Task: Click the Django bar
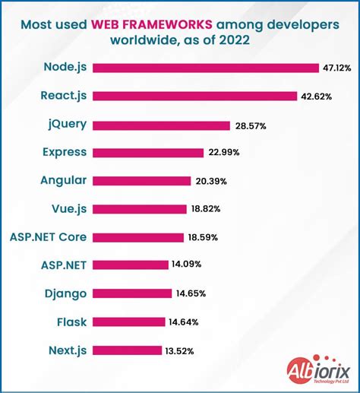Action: (132, 293)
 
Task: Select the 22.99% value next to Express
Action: (223, 153)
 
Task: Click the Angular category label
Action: (63, 181)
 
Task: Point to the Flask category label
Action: (71, 322)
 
